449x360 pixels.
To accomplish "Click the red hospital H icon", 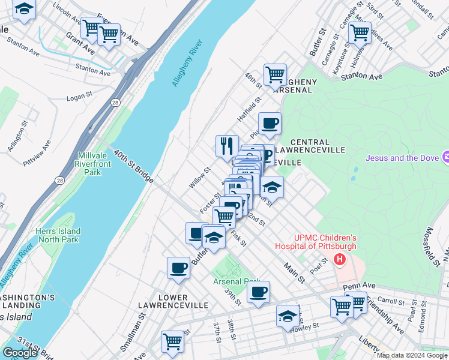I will coord(340,260).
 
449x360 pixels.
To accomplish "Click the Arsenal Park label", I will coord(236,281).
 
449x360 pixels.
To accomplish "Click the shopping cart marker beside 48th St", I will coord(275,75).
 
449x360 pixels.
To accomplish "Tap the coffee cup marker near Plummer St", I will coord(270,123).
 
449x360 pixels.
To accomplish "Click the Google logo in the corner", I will coord(20,353).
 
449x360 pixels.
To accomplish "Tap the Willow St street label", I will coord(199,178).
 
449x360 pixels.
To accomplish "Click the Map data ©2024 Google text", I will coord(412,355).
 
